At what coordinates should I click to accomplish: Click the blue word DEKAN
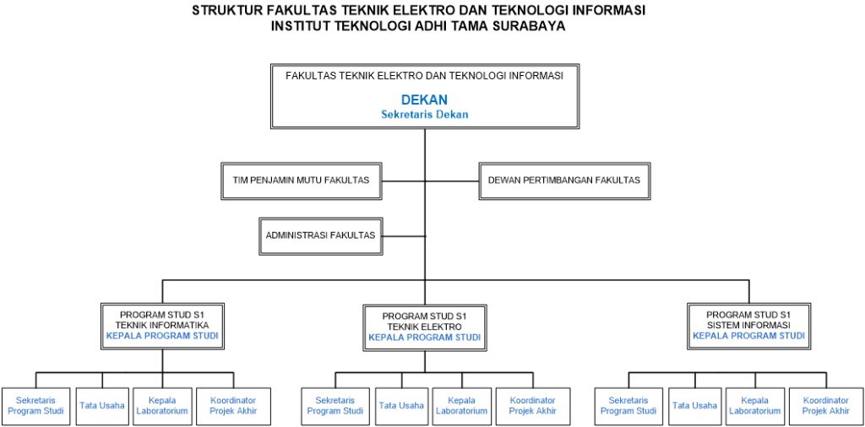click(424, 100)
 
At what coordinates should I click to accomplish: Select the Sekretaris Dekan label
click(424, 115)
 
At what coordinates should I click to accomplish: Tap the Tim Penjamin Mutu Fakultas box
click(302, 180)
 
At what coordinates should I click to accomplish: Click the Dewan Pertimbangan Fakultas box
click(564, 180)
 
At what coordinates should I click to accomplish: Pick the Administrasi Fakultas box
click(320, 235)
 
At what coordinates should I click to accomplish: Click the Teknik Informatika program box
click(162, 326)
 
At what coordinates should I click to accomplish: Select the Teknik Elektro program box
click(425, 327)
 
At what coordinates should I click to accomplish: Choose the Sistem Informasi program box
click(748, 326)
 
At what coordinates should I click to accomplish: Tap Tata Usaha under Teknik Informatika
click(102, 406)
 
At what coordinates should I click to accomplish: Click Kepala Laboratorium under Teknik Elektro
click(462, 406)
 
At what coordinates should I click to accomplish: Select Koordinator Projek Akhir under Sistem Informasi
click(826, 406)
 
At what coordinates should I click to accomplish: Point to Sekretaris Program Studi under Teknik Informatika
click(35, 406)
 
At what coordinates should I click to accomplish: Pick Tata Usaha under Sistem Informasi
click(695, 406)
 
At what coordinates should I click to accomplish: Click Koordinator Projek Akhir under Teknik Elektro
click(533, 406)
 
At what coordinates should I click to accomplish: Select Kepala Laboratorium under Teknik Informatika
click(162, 406)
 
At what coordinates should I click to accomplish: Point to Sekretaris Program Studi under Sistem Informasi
click(628, 406)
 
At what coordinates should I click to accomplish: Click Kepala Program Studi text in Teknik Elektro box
click(425, 338)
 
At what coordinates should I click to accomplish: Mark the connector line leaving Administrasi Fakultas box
click(404, 235)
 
